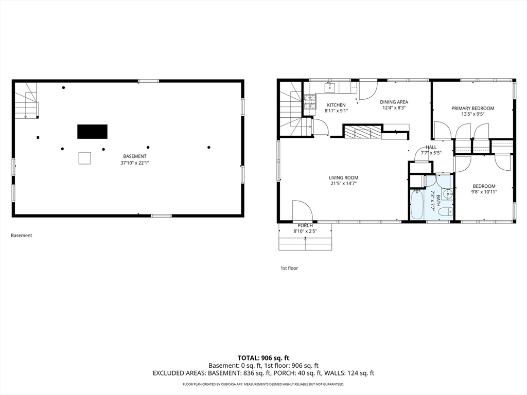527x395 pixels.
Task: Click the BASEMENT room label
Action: click(x=134, y=156)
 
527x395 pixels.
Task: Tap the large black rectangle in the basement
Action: click(x=93, y=132)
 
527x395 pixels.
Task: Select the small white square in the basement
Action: click(x=85, y=158)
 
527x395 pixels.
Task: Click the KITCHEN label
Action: click(x=336, y=105)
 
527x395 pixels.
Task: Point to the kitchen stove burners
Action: click(x=310, y=102)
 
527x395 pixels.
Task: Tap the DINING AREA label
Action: click(x=394, y=102)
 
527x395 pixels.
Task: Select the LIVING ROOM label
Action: click(x=343, y=177)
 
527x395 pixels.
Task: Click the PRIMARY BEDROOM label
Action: click(x=472, y=108)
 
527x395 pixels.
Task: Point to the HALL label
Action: click(x=431, y=147)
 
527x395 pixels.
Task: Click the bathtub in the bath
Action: click(x=417, y=205)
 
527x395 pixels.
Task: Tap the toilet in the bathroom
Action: click(x=446, y=211)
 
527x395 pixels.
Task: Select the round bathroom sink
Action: click(x=447, y=194)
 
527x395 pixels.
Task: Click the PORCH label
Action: click(x=305, y=226)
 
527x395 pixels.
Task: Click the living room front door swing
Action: click(x=303, y=210)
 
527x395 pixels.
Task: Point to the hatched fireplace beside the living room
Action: click(x=362, y=131)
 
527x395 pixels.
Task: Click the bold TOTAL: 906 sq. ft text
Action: click(x=263, y=358)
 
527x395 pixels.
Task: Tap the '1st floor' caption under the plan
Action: click(x=289, y=268)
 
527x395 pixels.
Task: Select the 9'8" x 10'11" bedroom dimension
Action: click(x=484, y=192)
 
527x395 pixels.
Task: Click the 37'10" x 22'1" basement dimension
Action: click(x=134, y=163)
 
